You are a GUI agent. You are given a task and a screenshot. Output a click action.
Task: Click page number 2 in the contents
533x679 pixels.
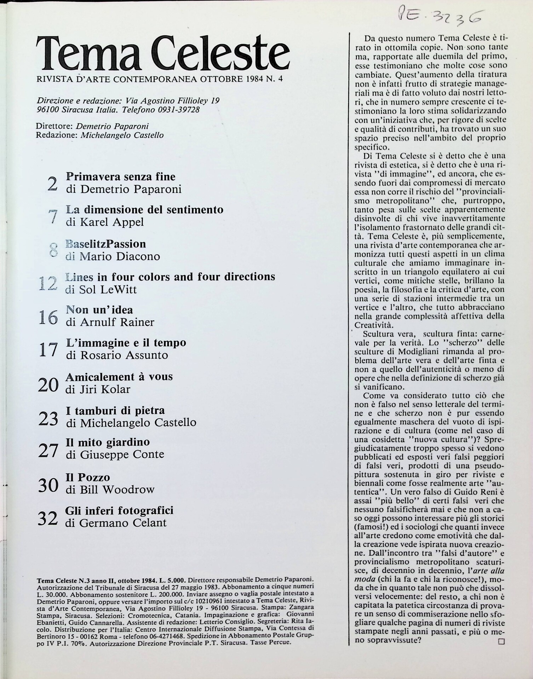(52, 184)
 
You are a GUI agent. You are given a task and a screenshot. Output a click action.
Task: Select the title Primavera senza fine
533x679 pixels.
(121, 176)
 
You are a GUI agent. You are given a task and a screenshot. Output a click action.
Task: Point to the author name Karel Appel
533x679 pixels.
(112, 222)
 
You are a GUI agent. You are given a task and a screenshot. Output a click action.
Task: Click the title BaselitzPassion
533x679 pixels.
(106, 244)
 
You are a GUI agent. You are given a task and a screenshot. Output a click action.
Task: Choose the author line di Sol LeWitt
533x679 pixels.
(101, 290)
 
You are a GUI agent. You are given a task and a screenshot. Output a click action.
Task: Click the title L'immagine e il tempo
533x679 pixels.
(126, 342)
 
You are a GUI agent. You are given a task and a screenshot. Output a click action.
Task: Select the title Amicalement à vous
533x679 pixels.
(119, 376)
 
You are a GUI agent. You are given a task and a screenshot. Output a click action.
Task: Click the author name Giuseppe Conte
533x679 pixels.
(122, 454)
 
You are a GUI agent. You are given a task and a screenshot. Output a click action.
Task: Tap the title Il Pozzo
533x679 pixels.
(88, 477)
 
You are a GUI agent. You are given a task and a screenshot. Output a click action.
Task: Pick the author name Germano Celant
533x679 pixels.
(122, 523)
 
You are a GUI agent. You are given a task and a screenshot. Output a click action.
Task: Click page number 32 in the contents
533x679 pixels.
(47, 518)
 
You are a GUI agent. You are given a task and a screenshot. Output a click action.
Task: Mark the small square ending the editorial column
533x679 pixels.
(501, 642)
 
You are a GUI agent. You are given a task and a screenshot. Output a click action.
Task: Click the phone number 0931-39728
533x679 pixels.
(178, 110)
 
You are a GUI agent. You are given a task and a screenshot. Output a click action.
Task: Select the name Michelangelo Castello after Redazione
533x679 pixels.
(122, 135)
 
